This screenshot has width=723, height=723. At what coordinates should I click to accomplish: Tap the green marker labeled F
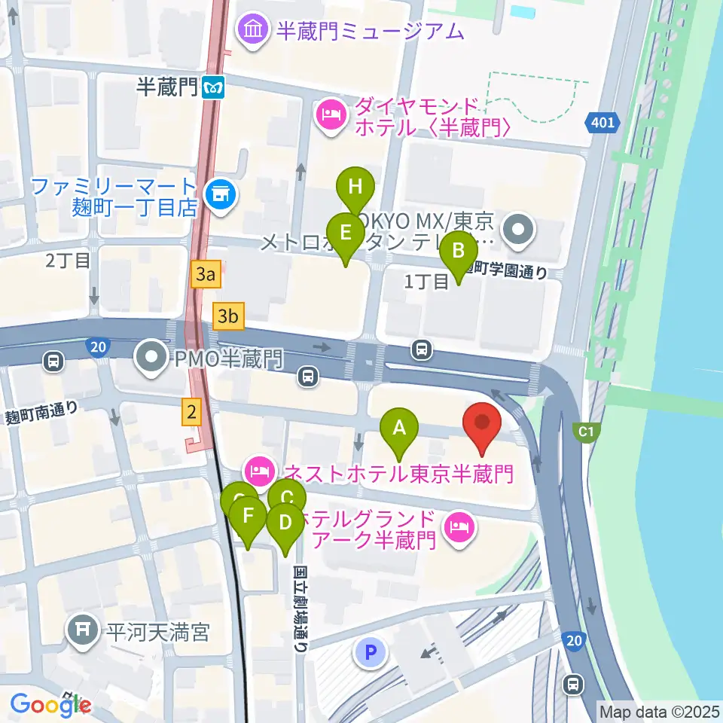click(248, 517)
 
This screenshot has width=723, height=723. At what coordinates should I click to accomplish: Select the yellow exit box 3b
click(228, 316)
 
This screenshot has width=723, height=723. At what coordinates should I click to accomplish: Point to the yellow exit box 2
click(192, 411)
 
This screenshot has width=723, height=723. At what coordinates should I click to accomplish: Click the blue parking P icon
click(370, 653)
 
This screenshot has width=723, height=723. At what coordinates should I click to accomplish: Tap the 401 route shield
click(602, 121)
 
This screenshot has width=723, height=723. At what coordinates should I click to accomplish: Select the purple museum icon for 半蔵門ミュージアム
click(252, 30)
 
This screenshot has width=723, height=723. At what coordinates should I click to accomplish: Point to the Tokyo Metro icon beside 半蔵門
click(213, 88)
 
